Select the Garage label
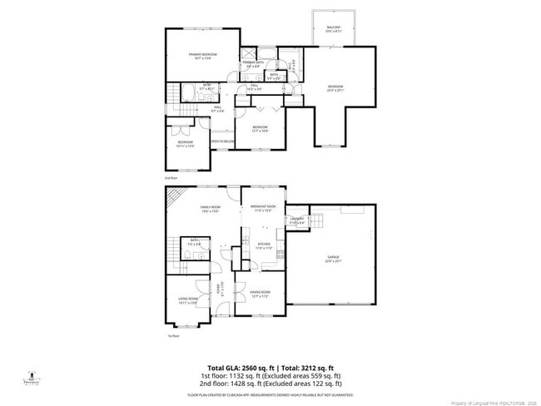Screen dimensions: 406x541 pos(333,260)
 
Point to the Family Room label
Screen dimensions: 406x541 pos(210,209)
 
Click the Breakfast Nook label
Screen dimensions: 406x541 pos(262,208)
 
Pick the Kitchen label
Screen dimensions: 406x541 pos(263,245)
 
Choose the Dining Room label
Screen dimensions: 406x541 pos(261,293)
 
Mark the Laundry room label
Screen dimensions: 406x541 pos(297,221)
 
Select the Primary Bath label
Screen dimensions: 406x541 pos(253,64)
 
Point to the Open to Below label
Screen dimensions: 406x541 pos(221,142)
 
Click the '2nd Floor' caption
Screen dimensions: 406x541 pos(171,178)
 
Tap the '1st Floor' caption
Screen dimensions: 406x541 pos(173,336)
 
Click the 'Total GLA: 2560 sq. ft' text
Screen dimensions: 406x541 pos(237,368)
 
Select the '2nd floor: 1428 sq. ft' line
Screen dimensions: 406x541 pos(270,384)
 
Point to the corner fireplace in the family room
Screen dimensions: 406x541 pos(172,197)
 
